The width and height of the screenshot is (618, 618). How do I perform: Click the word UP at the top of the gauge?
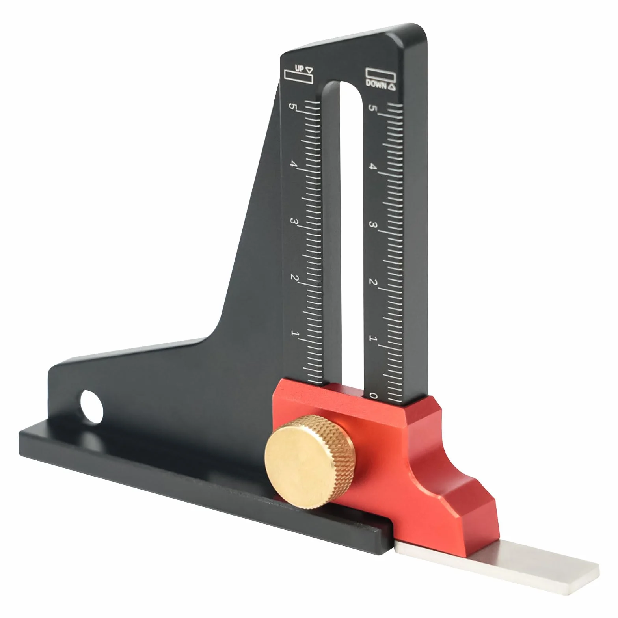pos(299,68)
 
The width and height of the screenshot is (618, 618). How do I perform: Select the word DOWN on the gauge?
pos(376,84)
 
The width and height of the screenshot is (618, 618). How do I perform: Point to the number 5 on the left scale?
pos(292,107)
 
